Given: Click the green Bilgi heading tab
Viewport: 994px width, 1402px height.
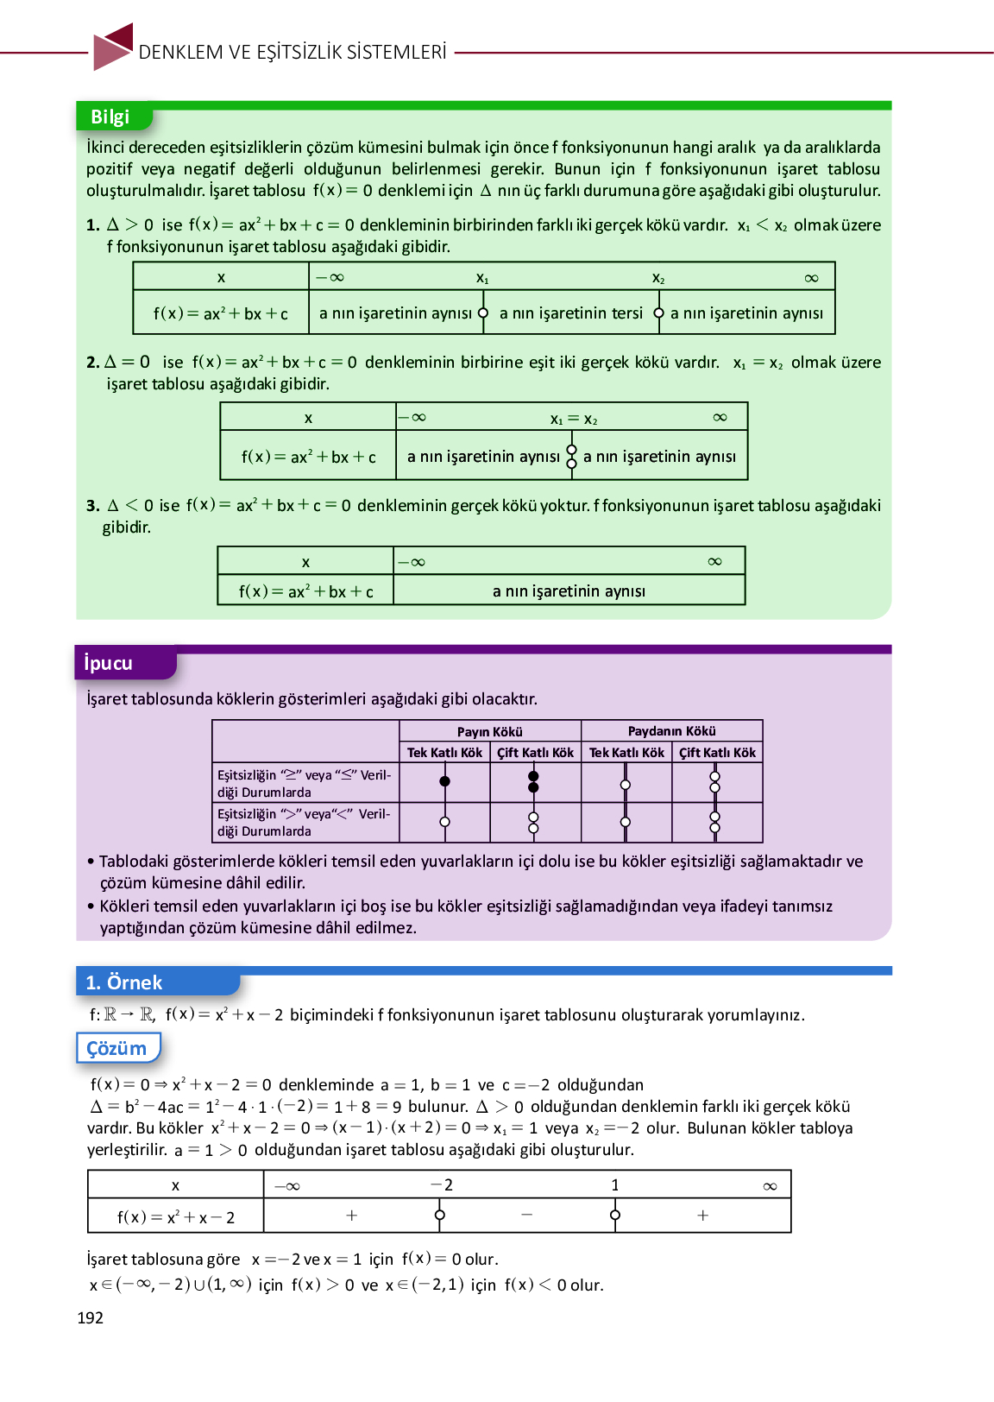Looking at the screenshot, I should point(110,117).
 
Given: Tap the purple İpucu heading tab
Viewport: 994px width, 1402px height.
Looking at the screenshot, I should point(109,663).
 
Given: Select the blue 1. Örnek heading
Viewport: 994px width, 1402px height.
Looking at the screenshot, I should point(125,982).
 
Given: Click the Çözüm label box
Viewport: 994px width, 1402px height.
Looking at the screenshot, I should point(117,1048).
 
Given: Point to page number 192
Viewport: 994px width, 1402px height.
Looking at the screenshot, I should point(91,1317).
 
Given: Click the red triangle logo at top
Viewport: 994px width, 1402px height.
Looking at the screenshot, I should point(113,47).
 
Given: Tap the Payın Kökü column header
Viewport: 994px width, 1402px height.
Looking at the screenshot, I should point(489,731).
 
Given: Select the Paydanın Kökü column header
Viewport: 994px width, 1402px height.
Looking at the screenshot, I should point(671,731).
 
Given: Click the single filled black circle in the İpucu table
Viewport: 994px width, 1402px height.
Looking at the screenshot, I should point(444,781).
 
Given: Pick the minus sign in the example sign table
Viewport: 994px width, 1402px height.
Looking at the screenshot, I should point(526,1215).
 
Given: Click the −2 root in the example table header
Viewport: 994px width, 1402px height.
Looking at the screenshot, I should point(442,1185).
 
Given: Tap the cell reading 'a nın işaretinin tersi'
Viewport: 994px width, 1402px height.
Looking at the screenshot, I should point(571,313).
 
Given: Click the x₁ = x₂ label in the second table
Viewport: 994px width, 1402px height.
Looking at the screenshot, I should point(574,420).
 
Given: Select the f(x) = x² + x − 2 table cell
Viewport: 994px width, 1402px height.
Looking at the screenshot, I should point(176,1217).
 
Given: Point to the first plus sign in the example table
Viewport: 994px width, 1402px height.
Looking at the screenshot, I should point(351,1216).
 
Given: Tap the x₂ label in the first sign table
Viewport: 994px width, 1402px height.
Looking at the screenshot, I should point(658,278).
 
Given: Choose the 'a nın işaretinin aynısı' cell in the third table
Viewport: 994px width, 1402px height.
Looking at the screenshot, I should point(569,591).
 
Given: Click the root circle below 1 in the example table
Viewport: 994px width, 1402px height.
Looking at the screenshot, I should point(615,1215).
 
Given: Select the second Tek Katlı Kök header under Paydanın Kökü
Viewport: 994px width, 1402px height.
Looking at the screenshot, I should point(626,753).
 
